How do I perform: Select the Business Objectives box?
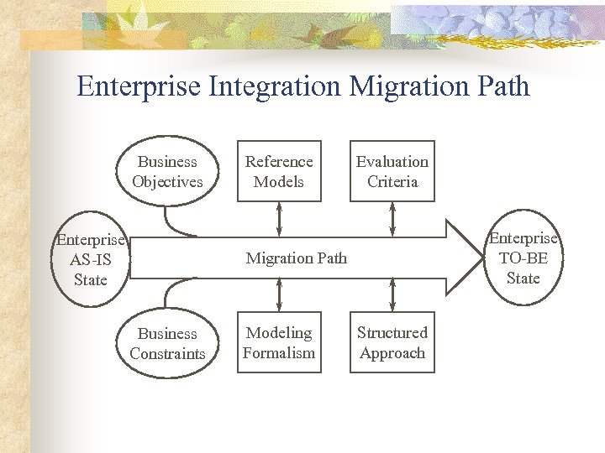(x=167, y=172)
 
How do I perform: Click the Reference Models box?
(x=279, y=172)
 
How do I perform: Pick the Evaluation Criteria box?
(x=392, y=172)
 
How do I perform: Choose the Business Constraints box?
(x=167, y=343)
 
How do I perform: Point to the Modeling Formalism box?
(x=279, y=343)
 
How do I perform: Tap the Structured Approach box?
(x=392, y=343)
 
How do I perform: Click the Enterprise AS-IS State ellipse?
(x=90, y=259)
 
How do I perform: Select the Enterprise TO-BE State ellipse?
(x=523, y=258)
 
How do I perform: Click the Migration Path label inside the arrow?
(x=296, y=258)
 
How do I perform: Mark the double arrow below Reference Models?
(x=279, y=219)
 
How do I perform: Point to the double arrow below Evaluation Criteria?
(x=392, y=219)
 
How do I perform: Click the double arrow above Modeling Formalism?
(x=279, y=296)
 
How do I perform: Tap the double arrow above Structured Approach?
(x=392, y=296)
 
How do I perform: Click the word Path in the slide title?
(x=503, y=86)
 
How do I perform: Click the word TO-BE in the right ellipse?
(x=523, y=258)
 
